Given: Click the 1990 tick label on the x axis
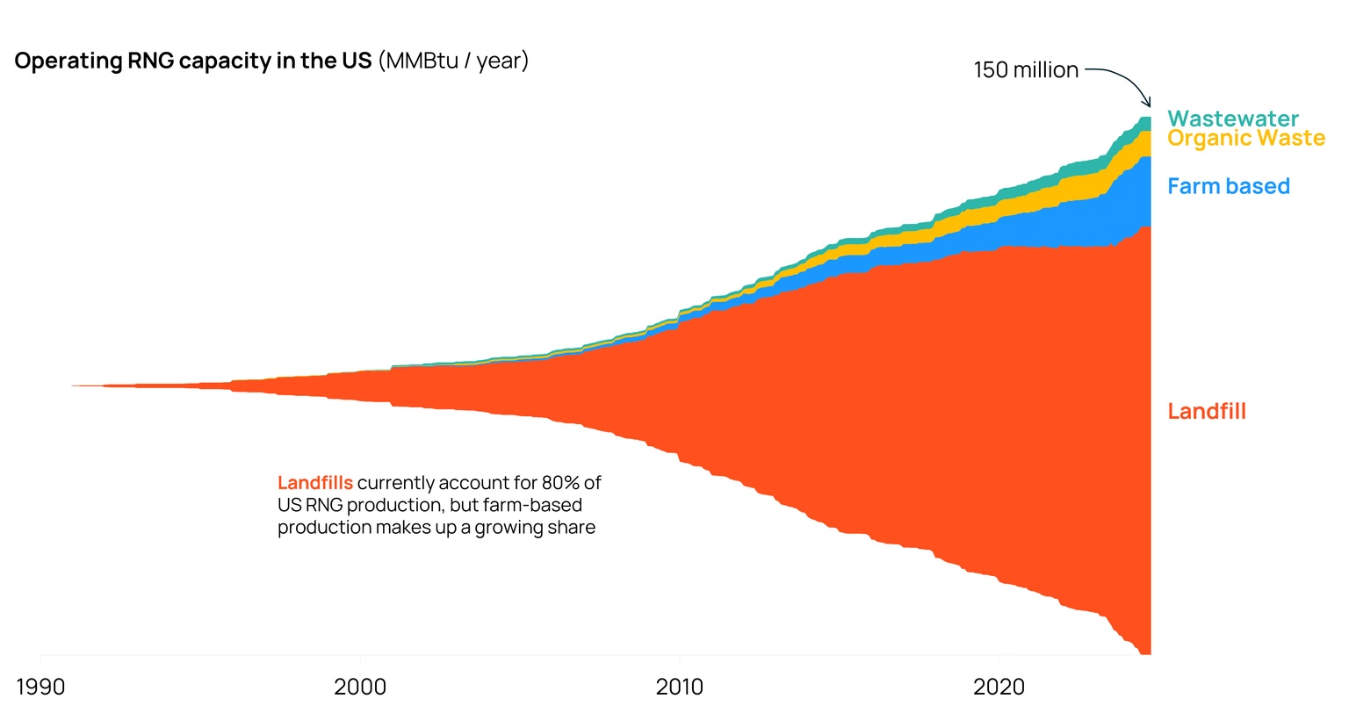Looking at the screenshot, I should click(40, 687).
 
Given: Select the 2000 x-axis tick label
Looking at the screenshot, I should click(360, 687).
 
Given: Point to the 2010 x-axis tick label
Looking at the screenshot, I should click(679, 687).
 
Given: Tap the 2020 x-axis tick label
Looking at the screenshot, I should click(999, 687).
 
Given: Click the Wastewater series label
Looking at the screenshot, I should click(1232, 119).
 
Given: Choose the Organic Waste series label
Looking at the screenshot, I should click(1245, 139).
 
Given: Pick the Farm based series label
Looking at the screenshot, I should click(1228, 186).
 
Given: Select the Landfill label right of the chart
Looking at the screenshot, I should click(1206, 411).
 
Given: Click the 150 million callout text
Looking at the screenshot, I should click(1026, 70).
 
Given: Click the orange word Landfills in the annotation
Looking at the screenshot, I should click(315, 483).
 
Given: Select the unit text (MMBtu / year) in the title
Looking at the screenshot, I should click(453, 61).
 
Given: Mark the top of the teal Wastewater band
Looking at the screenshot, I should click(1144, 119).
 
